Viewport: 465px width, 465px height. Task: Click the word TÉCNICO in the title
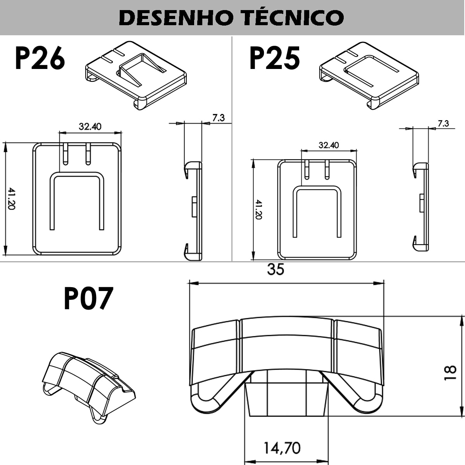[293, 17]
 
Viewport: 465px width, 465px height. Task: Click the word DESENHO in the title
[176, 18]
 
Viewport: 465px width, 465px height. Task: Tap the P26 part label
[40, 58]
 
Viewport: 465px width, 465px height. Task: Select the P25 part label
[274, 58]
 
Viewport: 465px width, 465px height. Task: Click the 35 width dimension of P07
[276, 270]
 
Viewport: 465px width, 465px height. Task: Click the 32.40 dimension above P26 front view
[90, 126]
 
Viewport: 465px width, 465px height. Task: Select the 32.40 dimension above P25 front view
[329, 145]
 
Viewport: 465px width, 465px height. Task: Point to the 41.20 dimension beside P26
[11, 198]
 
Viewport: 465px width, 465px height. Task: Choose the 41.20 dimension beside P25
[258, 209]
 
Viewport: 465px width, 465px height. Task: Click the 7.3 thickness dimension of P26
[219, 118]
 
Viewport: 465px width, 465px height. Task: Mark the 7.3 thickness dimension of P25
[443, 124]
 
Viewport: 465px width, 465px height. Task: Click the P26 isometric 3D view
[136, 75]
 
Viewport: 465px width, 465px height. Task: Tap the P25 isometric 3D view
[369, 76]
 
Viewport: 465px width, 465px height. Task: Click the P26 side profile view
[193, 211]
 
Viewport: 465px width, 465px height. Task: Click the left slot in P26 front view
[65, 154]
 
